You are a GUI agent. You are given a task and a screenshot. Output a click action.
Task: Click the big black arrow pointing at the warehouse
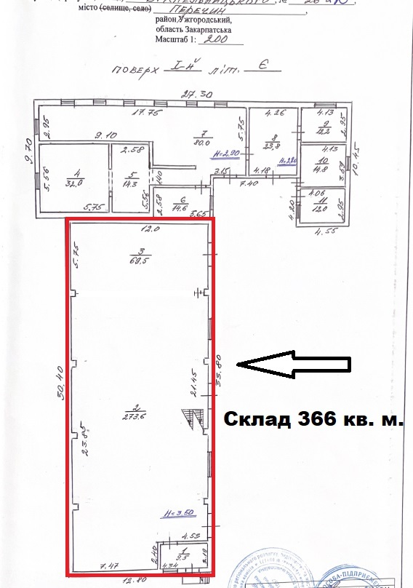point(294,365)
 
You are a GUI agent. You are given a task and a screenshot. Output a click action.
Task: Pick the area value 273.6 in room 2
point(140,418)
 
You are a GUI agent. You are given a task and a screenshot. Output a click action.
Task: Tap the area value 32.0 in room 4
point(72,183)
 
